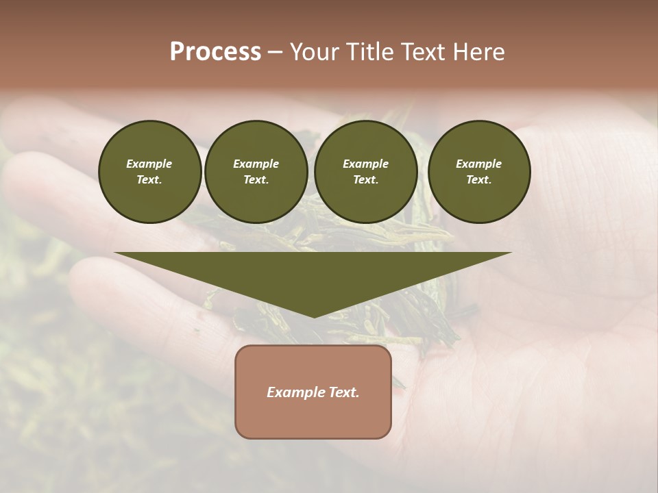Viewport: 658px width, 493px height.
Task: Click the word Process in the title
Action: [x=215, y=52]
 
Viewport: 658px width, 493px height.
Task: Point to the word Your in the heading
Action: [x=315, y=52]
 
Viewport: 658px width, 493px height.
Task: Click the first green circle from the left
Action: [x=150, y=172]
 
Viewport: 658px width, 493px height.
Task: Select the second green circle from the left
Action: [x=256, y=172]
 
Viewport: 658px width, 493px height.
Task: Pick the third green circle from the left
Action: [x=366, y=172]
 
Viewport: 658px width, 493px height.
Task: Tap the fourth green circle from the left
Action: [x=479, y=172]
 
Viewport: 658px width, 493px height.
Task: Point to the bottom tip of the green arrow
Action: [x=314, y=317]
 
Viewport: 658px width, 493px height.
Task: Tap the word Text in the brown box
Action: [x=344, y=392]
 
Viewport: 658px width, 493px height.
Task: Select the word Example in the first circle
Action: [x=149, y=164]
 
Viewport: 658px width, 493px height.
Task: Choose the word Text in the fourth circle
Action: [x=478, y=180]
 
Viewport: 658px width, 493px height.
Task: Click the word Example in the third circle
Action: [x=365, y=164]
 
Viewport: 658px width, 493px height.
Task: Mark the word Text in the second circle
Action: [x=256, y=180]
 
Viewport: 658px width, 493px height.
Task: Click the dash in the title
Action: [x=276, y=53]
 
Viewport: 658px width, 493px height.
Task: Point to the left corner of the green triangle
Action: [x=116, y=253]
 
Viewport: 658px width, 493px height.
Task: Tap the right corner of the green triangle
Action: [x=511, y=253]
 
